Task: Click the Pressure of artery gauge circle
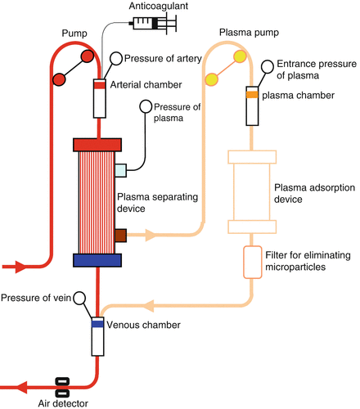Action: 116,58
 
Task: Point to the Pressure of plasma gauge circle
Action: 147,106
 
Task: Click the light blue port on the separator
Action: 121,169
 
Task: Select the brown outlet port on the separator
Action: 121,236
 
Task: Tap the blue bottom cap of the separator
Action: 97,260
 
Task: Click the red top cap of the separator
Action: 97,145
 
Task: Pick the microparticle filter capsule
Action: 249,262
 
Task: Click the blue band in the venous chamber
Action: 97,324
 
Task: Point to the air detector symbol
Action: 61,384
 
